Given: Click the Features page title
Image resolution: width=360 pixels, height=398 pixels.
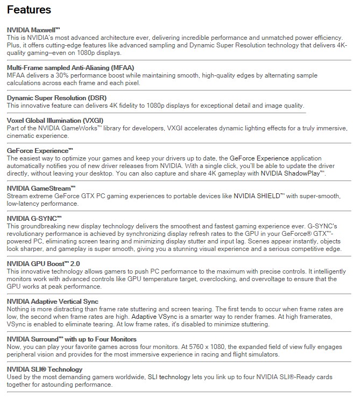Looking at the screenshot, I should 29,10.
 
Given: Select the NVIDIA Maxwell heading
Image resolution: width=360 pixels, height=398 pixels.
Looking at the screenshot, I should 33,30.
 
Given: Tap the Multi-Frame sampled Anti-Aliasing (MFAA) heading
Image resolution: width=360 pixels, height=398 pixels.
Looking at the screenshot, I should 67,67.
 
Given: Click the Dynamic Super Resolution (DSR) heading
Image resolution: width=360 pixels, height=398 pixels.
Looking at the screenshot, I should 54,98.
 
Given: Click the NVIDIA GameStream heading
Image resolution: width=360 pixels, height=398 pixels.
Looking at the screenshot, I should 39,188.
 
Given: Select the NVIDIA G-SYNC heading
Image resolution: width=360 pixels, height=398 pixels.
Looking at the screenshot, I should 33,218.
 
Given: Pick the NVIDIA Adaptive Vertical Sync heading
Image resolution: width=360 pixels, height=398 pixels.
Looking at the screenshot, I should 52,301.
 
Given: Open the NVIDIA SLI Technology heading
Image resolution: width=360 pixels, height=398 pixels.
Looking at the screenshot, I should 45,369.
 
